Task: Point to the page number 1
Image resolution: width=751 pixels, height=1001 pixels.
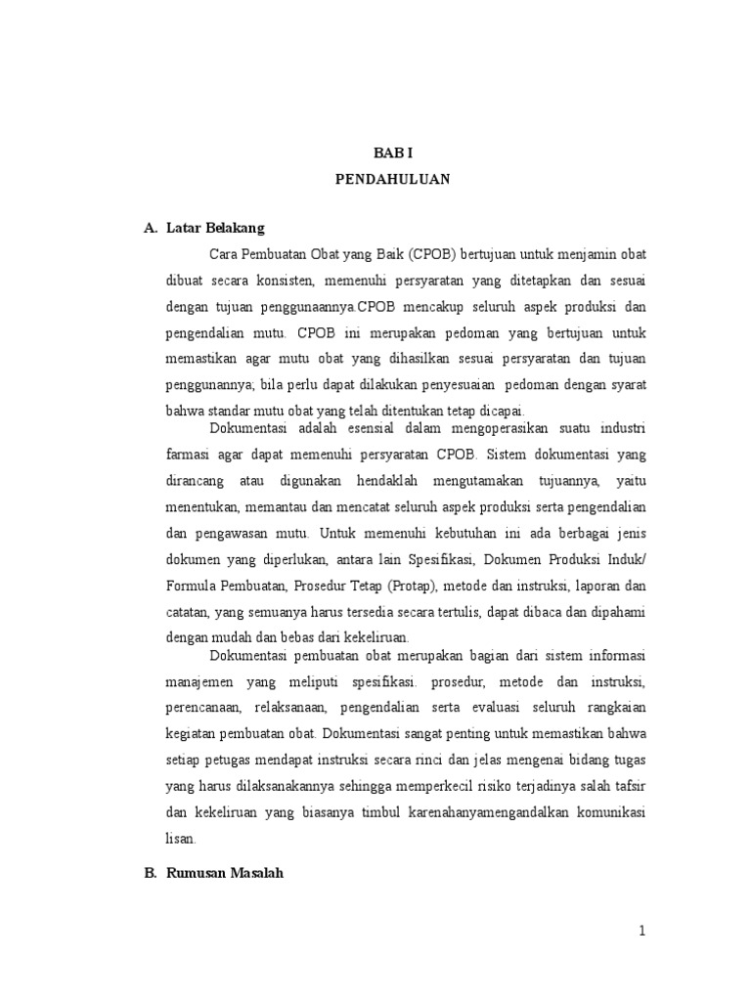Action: coord(642,932)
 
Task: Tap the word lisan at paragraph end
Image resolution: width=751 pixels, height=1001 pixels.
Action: coord(181,838)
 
